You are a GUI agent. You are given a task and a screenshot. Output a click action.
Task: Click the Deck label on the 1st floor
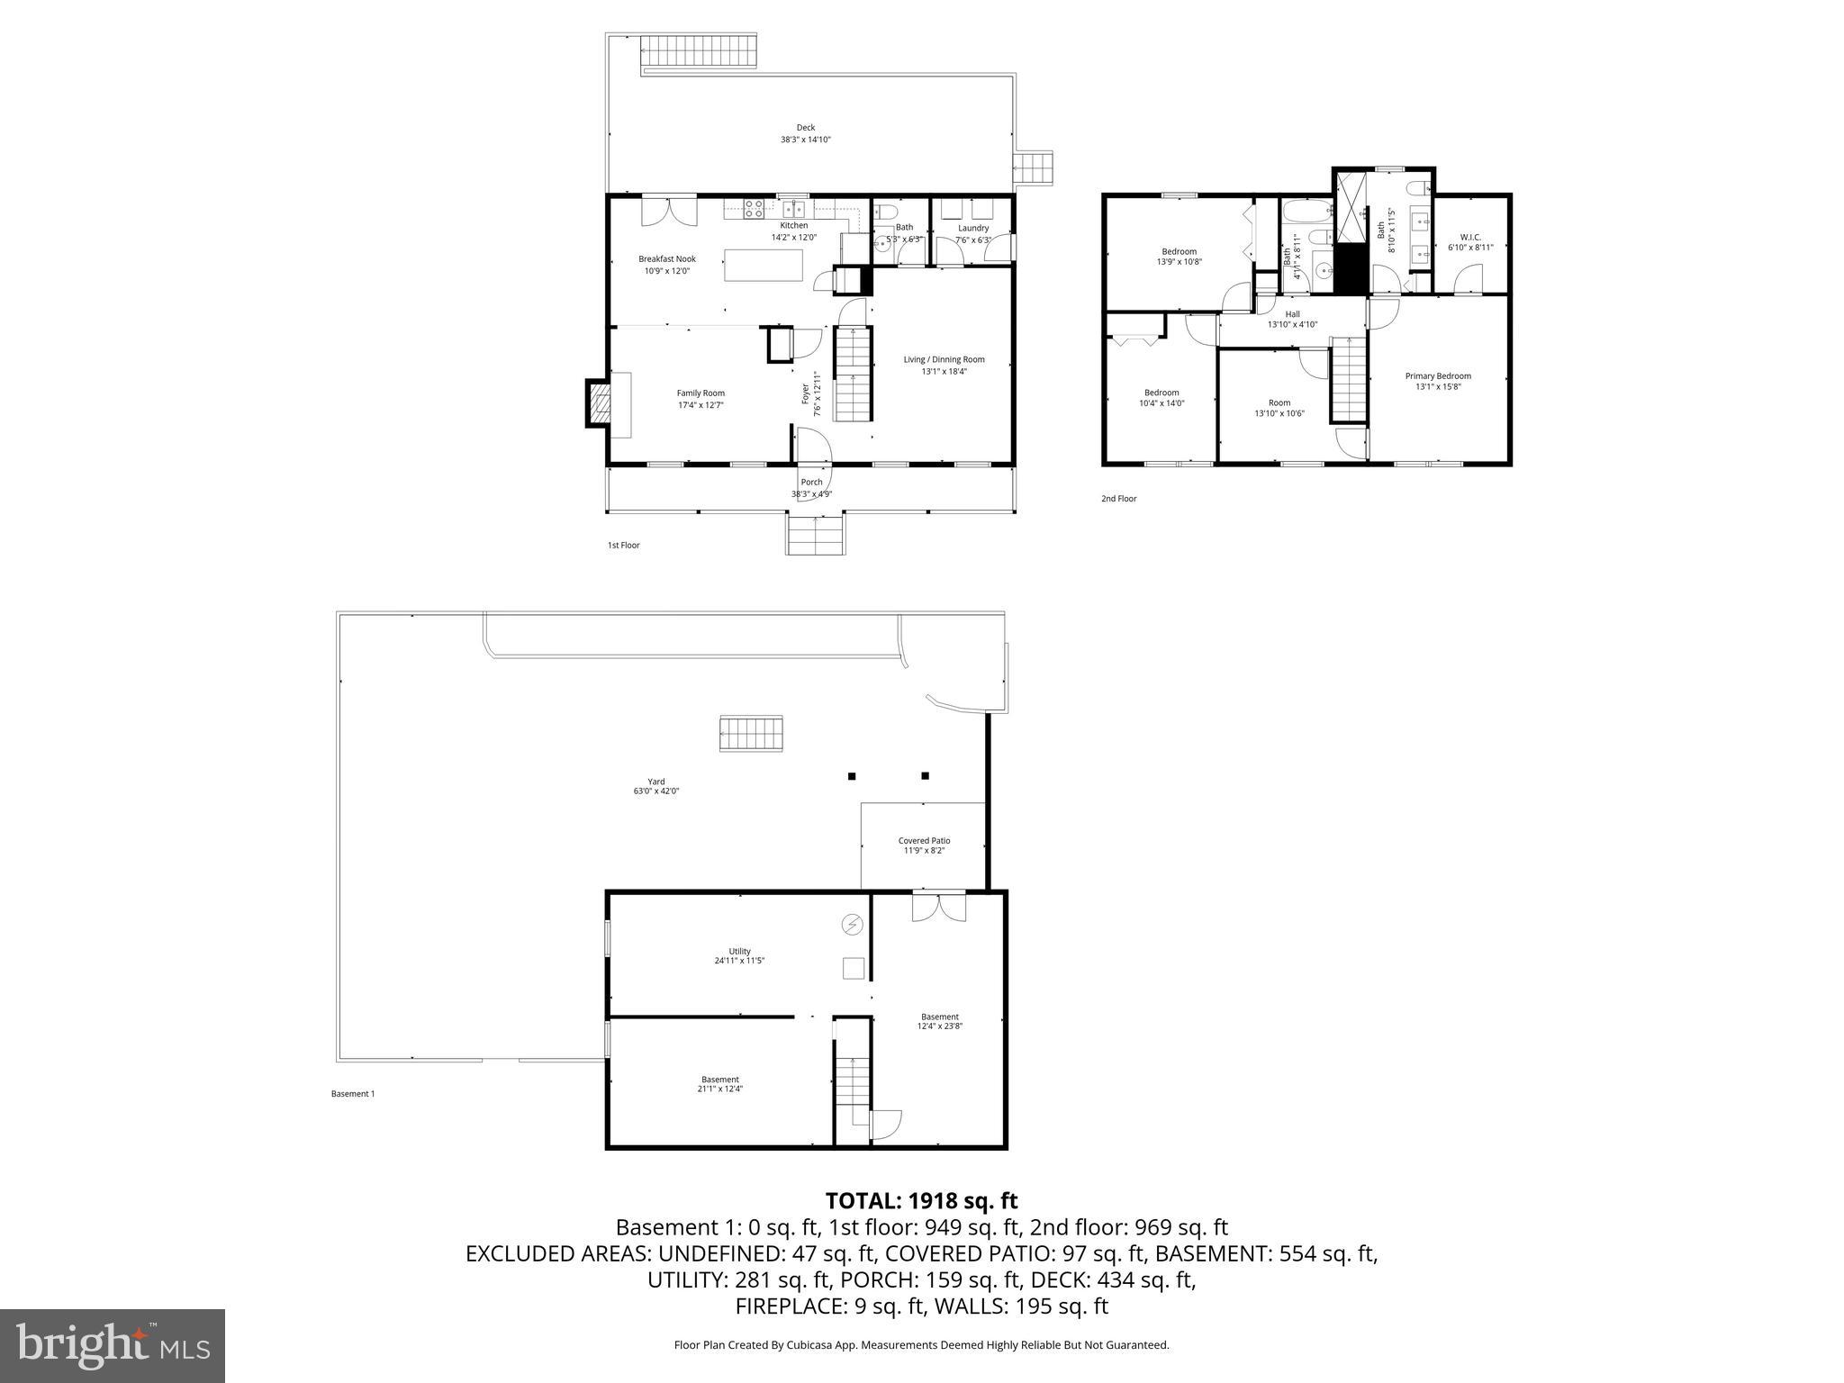(805, 133)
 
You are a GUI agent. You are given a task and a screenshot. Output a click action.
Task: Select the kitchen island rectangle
(764, 265)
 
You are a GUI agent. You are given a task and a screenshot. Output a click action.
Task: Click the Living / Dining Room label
(944, 365)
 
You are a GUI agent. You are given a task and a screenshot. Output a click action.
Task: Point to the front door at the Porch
(813, 447)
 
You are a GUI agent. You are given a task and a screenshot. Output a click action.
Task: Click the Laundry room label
(973, 233)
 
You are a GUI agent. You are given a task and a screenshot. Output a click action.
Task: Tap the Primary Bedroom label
(1438, 381)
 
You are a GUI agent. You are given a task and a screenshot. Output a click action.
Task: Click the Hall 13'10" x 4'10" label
(1292, 319)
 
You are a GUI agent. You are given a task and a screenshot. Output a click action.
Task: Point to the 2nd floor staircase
(1349, 378)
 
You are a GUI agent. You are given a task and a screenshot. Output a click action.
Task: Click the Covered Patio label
(924, 845)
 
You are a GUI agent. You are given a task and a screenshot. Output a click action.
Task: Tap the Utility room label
(739, 955)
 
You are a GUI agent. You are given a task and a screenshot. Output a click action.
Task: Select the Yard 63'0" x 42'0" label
(655, 786)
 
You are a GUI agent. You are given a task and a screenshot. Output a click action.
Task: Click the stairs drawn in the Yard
(751, 733)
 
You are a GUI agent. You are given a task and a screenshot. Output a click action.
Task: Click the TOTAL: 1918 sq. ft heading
(921, 1200)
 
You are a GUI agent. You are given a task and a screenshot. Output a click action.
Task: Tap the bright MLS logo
(113, 1345)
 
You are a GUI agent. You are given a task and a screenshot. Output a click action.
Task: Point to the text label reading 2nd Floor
(1118, 498)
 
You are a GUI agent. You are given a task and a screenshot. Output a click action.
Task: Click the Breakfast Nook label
(667, 265)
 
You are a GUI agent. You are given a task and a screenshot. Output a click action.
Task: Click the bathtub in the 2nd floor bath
(1305, 214)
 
